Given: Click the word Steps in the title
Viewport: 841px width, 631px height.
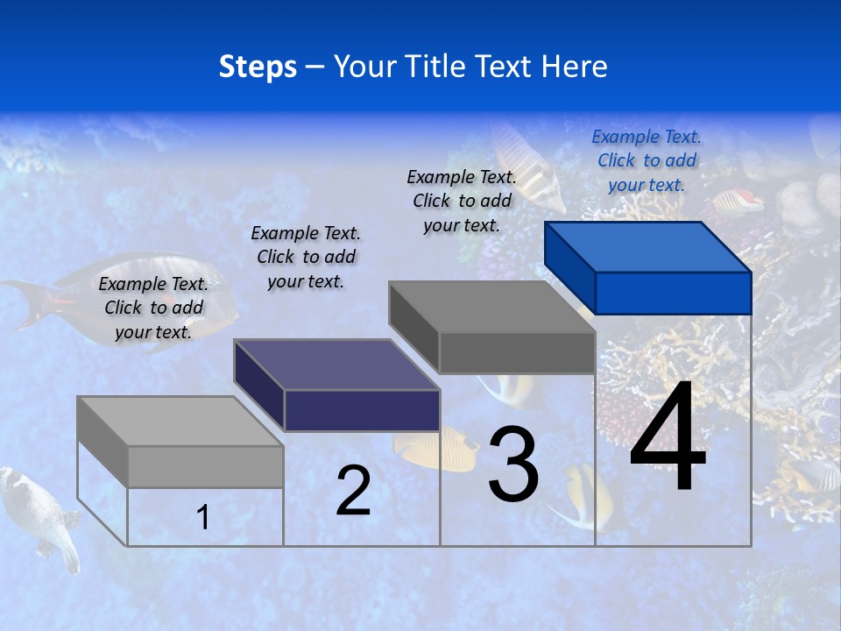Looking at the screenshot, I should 258,67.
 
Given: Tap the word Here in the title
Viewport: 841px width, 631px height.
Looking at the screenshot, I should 574,67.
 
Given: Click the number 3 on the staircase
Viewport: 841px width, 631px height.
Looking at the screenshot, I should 513,464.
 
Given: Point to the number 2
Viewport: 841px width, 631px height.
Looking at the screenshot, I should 353,491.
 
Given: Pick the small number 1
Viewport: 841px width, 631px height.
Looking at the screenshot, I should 203,517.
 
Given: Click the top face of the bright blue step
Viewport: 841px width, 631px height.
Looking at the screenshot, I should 647,247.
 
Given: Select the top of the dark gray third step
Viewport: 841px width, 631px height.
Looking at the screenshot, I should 491,307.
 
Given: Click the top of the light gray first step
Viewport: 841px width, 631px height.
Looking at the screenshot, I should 180,422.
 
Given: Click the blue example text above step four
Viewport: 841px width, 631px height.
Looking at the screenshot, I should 647,160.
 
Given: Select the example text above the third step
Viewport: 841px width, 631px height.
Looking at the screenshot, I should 462,201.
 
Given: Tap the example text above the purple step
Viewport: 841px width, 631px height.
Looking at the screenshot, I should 306,257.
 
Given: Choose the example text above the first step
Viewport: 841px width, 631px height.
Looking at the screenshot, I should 153,308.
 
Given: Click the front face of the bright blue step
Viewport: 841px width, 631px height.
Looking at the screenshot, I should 673,293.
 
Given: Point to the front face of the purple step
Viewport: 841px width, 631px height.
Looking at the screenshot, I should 362,410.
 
